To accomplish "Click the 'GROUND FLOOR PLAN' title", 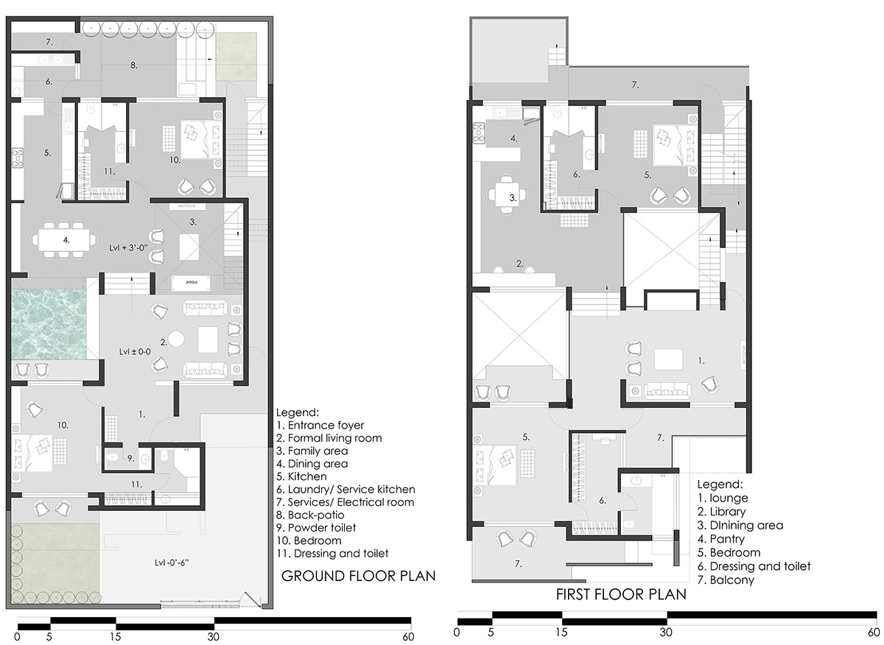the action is pyautogui.click(x=358, y=577).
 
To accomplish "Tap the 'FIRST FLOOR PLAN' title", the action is pyautogui.click(x=621, y=594).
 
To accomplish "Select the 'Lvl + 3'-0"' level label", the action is pyautogui.click(x=129, y=248).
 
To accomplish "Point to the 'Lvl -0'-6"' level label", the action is pyautogui.click(x=172, y=563).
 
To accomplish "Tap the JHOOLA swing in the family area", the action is pyautogui.click(x=191, y=283).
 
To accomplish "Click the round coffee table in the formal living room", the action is pyautogui.click(x=176, y=339).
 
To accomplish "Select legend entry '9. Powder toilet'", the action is pyautogui.click(x=316, y=528).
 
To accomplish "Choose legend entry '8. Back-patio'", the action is pyautogui.click(x=310, y=515).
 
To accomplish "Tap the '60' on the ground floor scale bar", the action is pyautogui.click(x=408, y=637).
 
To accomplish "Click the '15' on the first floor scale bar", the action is pyautogui.click(x=561, y=632).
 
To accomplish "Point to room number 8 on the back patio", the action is pyautogui.click(x=134, y=66).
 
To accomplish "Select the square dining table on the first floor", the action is pyautogui.click(x=508, y=194).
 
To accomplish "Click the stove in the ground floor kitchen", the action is pyautogui.click(x=18, y=158).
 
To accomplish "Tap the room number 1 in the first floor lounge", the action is pyautogui.click(x=701, y=361).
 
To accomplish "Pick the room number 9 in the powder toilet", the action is pyautogui.click(x=130, y=459).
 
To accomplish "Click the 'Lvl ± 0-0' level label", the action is pyautogui.click(x=135, y=351).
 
